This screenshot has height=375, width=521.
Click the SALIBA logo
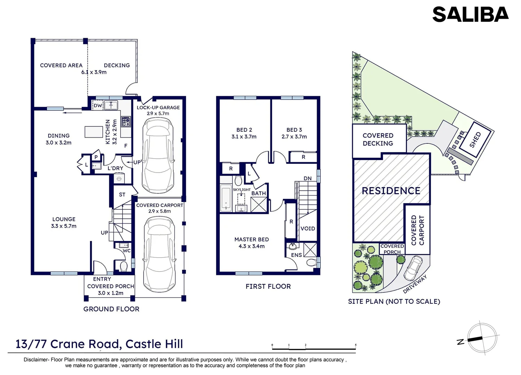pyautogui.click(x=470, y=15)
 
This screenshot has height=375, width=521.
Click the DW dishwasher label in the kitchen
pyautogui.click(x=98, y=106)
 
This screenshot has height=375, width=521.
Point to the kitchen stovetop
pyautogui.click(x=126, y=122)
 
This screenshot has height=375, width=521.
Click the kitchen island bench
pyautogui.click(x=94, y=132)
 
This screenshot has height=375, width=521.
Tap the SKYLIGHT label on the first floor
pyautogui.click(x=242, y=190)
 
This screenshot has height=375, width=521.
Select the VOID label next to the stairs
pyautogui.click(x=308, y=228)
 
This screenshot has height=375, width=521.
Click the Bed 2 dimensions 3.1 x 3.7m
pyautogui.click(x=244, y=137)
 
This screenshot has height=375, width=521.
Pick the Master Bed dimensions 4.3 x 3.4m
pyautogui.click(x=251, y=246)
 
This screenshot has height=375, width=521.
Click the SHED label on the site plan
pyautogui.click(x=475, y=140)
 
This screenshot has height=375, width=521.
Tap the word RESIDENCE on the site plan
pyautogui.click(x=391, y=191)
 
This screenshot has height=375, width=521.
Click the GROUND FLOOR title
pyautogui.click(x=111, y=309)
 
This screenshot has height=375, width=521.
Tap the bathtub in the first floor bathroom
pyautogui.click(x=226, y=198)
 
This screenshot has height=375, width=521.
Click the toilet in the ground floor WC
pyautogui.click(x=123, y=266)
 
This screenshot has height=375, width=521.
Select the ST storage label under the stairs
pyautogui.click(x=122, y=195)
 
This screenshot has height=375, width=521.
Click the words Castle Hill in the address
pyautogui.click(x=154, y=344)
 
